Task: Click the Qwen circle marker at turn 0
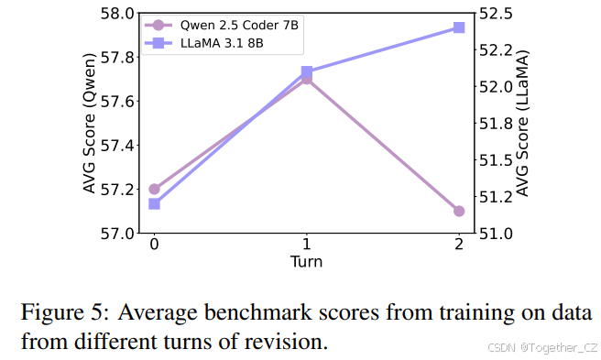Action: pyautogui.click(x=154, y=189)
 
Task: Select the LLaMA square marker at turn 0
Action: pyautogui.click(x=154, y=203)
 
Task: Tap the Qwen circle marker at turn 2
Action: pyautogui.click(x=459, y=211)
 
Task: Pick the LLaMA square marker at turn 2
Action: pyautogui.click(x=459, y=27)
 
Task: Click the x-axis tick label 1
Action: pyautogui.click(x=307, y=245)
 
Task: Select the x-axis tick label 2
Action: pyautogui.click(x=459, y=245)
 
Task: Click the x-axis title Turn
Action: pyautogui.click(x=306, y=262)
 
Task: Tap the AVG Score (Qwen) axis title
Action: pyautogui.click(x=90, y=124)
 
